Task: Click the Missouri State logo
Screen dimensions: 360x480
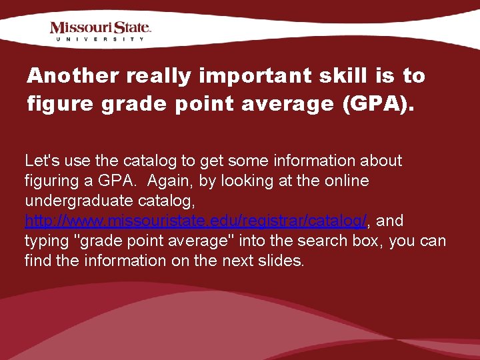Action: [x=101, y=28]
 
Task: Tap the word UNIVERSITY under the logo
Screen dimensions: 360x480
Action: [x=101, y=39]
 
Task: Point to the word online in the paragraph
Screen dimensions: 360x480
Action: [x=347, y=181]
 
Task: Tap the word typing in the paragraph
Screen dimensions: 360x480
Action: [x=45, y=241]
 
